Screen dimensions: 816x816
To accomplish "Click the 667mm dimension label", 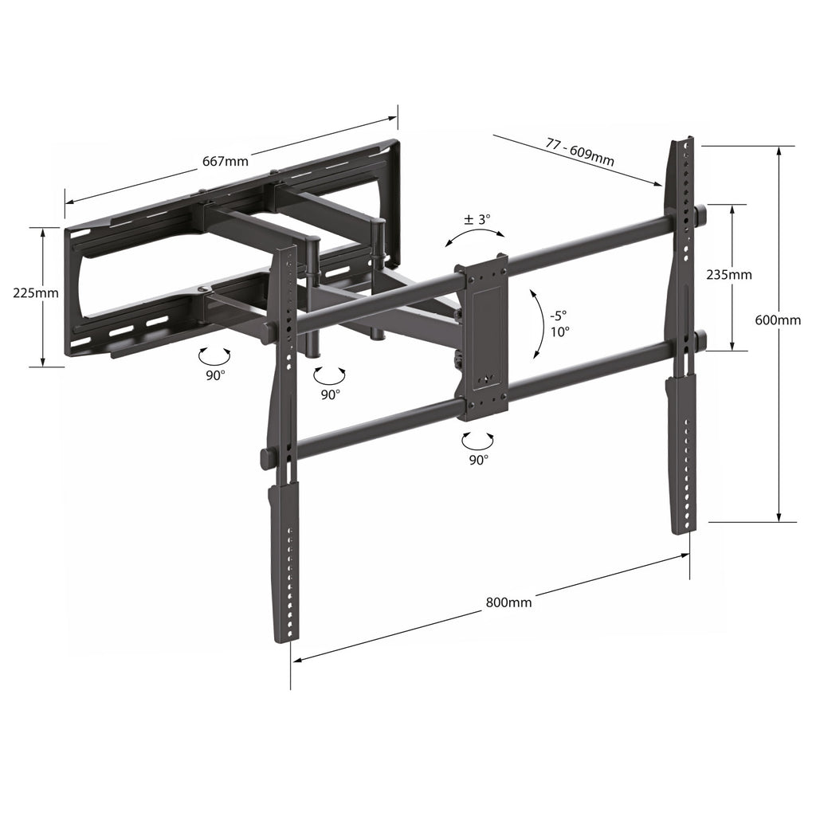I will click(x=226, y=161).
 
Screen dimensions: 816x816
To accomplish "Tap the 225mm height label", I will click(x=36, y=292).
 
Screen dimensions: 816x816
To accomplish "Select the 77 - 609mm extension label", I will click(x=579, y=151).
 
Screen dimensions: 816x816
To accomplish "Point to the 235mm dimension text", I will click(x=729, y=275).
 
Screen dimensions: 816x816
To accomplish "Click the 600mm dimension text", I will click(x=778, y=320).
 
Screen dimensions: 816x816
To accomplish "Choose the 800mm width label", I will click(x=508, y=602).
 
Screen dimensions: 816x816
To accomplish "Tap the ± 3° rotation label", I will click(x=478, y=218).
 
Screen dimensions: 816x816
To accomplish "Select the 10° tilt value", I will click(x=559, y=331).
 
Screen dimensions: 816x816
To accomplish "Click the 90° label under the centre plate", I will click(x=478, y=459).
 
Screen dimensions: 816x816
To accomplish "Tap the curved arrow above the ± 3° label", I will click(x=475, y=233).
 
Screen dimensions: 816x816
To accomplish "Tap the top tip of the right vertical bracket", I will click(x=681, y=141).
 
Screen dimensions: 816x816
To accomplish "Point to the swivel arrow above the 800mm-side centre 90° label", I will click(x=478, y=438).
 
